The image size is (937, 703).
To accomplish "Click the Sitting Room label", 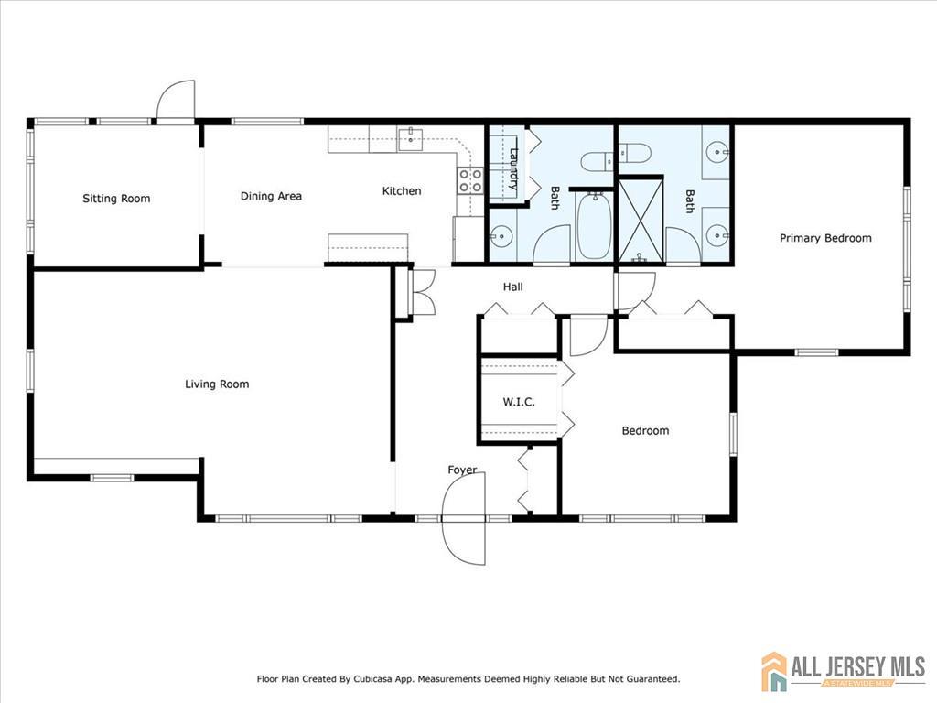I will [x=116, y=199].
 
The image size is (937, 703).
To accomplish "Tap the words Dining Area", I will [x=271, y=196].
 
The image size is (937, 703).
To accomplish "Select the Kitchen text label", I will [x=402, y=191].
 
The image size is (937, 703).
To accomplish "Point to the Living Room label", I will [x=217, y=384].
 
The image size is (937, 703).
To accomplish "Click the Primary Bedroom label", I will [x=825, y=238].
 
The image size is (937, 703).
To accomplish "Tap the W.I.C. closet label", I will [x=518, y=403].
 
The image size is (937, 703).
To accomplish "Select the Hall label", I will [x=513, y=287].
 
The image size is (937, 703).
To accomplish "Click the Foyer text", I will [x=462, y=470].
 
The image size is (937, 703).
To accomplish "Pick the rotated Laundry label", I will [x=515, y=168].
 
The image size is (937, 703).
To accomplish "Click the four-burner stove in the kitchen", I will [x=470, y=180].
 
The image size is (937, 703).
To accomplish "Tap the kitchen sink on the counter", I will [x=410, y=140].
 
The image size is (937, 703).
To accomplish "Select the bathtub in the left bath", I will [x=596, y=225].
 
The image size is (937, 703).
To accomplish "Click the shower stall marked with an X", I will [x=641, y=219].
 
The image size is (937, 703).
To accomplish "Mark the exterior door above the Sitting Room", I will [x=176, y=101].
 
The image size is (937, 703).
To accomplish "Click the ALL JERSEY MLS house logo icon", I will [x=774, y=671].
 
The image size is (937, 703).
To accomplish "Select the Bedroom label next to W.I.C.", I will [x=645, y=431].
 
